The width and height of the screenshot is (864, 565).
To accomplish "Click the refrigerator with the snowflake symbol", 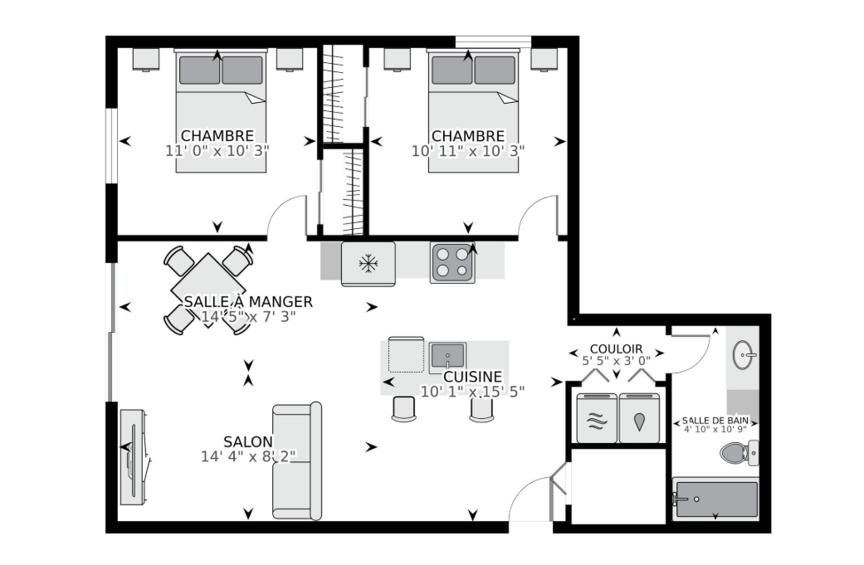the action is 368,264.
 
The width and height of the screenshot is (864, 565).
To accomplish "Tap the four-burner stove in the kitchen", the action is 453,263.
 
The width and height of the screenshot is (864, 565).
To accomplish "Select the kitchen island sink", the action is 448,355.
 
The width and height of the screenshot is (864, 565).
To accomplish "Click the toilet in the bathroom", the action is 740,453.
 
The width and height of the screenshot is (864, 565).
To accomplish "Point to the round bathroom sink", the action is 744,354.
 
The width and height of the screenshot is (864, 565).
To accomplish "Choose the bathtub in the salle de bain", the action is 715,499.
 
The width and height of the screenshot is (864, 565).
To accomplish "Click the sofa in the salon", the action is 297,461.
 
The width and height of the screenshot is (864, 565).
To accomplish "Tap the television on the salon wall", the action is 134,457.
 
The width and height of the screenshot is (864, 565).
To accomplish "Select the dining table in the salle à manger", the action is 208,290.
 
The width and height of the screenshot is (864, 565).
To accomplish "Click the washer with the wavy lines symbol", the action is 597,418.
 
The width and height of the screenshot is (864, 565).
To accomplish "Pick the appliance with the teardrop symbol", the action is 639,418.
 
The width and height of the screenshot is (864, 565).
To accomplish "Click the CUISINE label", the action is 473,377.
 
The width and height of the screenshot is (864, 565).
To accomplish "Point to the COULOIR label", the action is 616,349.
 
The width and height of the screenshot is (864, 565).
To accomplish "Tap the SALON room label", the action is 248,441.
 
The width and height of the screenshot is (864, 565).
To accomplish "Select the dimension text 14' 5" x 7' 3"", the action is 248,317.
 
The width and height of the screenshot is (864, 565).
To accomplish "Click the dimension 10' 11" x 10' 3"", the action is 468,151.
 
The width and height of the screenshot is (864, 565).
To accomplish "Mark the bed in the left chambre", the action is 221,110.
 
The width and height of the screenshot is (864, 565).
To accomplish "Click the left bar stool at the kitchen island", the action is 404,409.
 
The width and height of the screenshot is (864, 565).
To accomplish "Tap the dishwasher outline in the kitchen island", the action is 406,355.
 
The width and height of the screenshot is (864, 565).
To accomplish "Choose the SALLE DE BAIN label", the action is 715,420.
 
